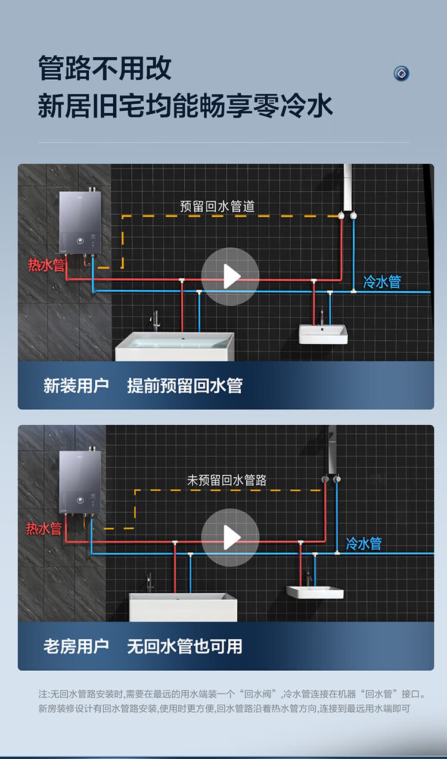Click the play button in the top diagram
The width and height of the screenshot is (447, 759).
click(230, 276)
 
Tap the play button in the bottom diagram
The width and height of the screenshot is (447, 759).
click(230, 537)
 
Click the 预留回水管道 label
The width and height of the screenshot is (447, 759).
click(218, 207)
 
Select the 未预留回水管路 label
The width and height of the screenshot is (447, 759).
click(227, 480)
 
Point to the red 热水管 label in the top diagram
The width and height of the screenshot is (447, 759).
click(46, 265)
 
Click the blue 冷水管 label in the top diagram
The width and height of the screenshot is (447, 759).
click(382, 281)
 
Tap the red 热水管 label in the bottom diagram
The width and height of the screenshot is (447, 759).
click(44, 528)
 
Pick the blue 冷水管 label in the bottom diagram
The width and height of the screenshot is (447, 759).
click(364, 543)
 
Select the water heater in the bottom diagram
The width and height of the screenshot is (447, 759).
click(80, 483)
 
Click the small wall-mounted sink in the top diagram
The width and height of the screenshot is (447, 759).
click(322, 334)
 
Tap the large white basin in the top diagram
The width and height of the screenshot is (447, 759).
click(174, 347)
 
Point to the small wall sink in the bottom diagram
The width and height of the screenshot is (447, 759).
click(315, 592)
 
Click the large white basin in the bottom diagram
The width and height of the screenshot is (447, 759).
click(183, 606)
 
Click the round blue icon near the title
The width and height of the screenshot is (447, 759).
click(402, 73)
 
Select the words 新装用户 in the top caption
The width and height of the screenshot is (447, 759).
click(76, 385)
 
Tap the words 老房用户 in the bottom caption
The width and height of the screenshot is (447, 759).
click(76, 646)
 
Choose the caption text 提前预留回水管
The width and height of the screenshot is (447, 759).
click(185, 385)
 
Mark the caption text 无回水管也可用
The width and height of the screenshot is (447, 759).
click(185, 646)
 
